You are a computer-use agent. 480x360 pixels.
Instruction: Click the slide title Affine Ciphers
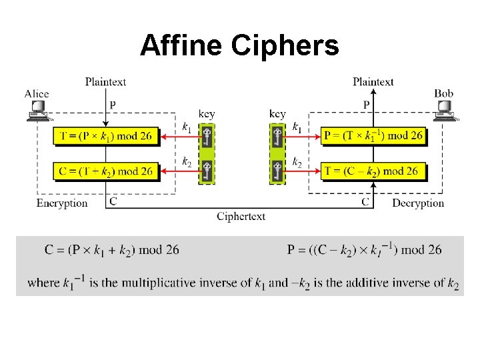(x=239, y=45)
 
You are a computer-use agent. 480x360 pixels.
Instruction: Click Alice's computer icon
(x=37, y=110)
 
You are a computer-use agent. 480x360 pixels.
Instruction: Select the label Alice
(x=37, y=94)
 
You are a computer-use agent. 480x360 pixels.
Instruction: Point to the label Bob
(x=443, y=94)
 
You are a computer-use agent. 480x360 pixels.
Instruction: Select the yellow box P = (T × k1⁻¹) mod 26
(x=373, y=137)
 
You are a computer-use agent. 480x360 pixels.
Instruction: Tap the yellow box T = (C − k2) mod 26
(x=373, y=171)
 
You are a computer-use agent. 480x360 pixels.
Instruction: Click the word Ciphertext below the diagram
(x=241, y=216)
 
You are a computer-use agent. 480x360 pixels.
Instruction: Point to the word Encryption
(x=62, y=203)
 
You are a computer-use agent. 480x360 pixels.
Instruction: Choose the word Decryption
(x=418, y=203)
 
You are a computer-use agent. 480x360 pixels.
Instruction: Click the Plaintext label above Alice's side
(x=105, y=82)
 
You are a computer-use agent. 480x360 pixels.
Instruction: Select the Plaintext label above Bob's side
(x=373, y=82)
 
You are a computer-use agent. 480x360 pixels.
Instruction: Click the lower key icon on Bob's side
(x=277, y=171)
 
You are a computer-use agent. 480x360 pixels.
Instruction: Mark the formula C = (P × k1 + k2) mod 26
(x=112, y=250)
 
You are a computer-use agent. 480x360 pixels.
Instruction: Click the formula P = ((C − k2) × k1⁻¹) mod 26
(x=364, y=250)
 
